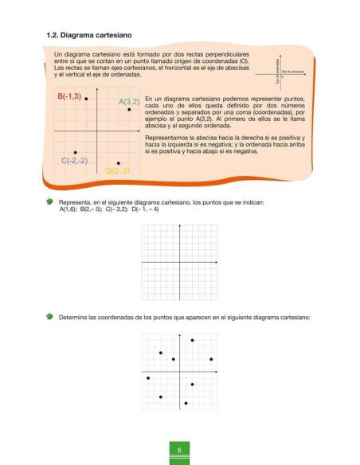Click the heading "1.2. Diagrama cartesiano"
[89, 36]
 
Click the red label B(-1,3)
[69, 96]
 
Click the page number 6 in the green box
[180, 451]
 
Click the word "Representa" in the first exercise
[76, 202]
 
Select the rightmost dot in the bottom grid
[211, 359]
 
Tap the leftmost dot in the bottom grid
[148, 377]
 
